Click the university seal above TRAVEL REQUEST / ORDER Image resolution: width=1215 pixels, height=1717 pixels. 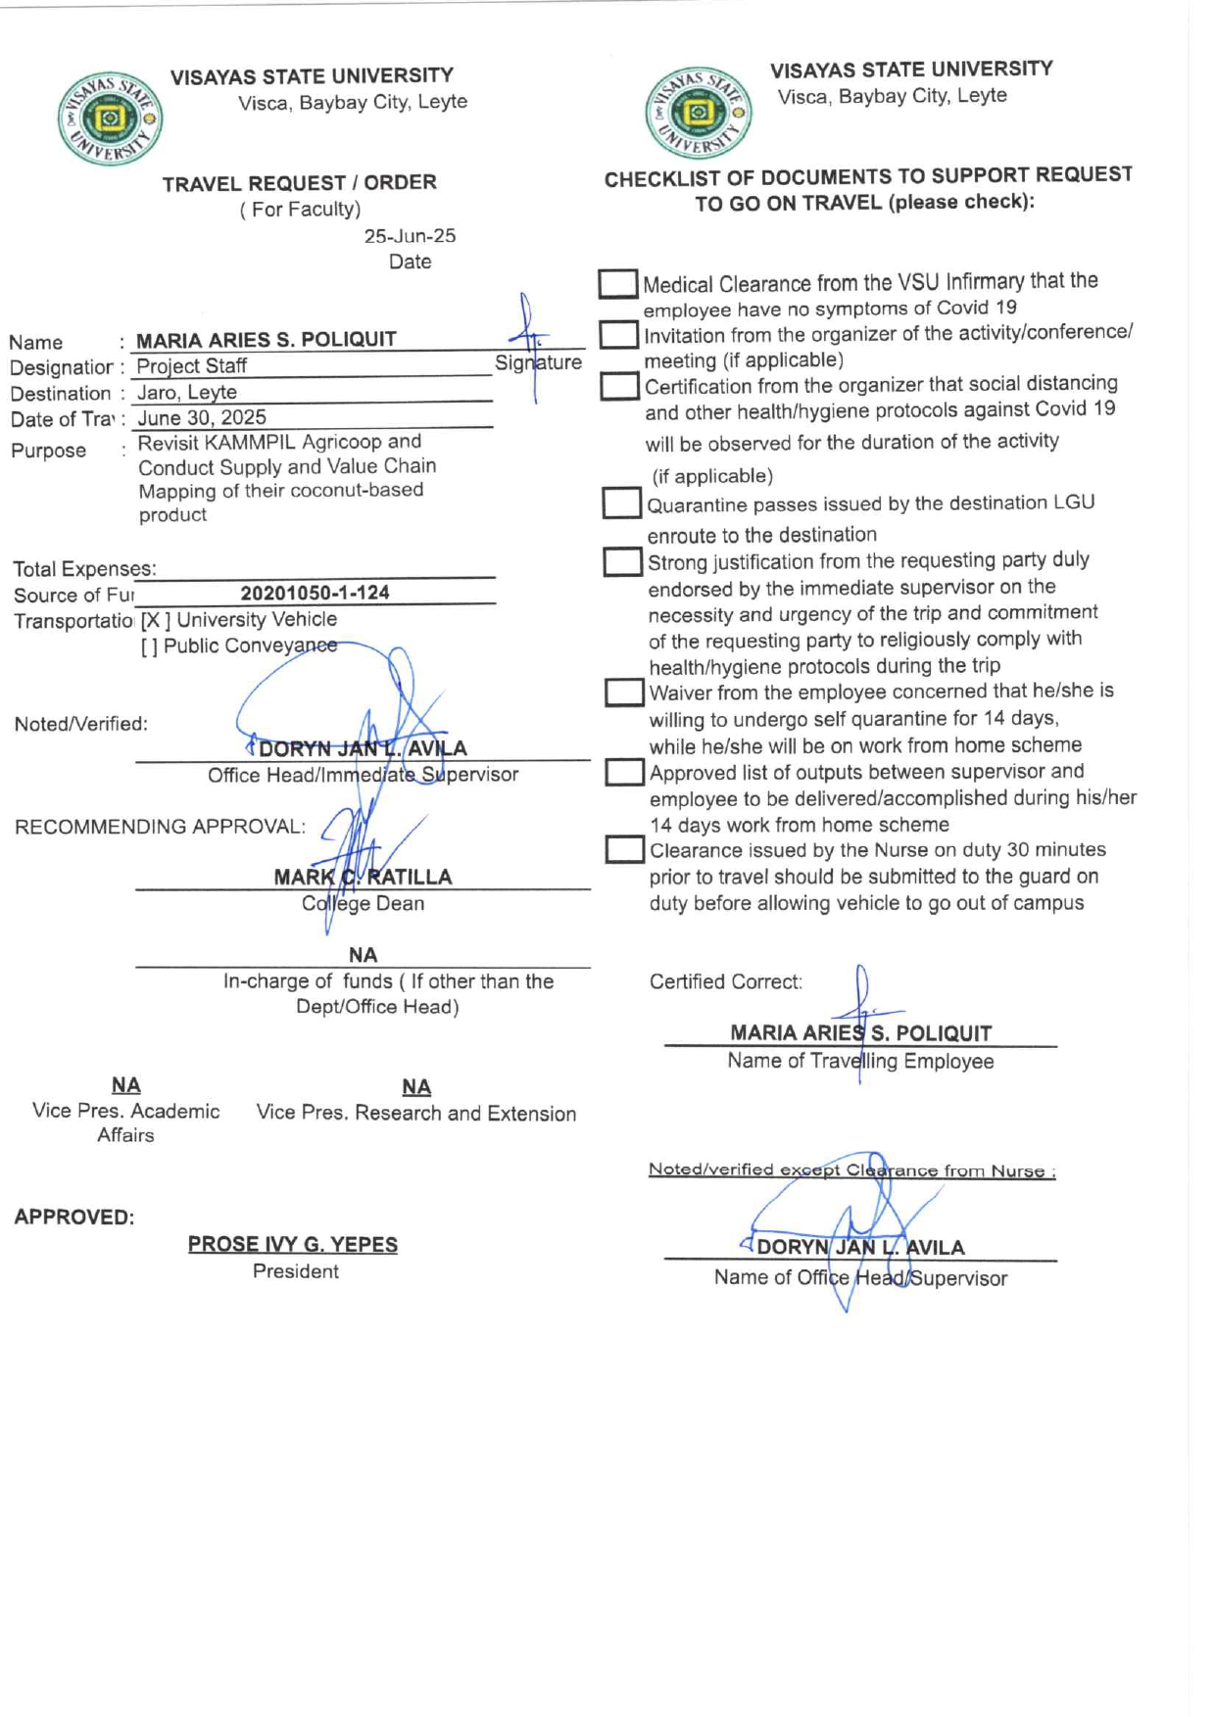click(x=109, y=119)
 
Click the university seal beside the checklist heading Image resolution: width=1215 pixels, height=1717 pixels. click(x=698, y=112)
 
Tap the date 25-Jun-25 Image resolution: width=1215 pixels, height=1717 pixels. click(x=410, y=236)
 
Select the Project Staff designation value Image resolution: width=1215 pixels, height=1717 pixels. click(x=191, y=366)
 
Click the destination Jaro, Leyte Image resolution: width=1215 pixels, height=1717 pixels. click(x=186, y=393)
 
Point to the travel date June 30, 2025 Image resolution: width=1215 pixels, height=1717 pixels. click(x=201, y=418)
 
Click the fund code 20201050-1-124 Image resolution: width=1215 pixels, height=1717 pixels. click(x=315, y=593)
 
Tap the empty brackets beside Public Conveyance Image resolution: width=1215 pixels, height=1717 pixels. click(x=149, y=646)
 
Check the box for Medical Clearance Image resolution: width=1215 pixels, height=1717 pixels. click(x=617, y=284)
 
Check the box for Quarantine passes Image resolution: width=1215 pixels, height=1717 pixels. click(x=621, y=503)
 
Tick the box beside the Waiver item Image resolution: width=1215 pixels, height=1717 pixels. click(x=623, y=692)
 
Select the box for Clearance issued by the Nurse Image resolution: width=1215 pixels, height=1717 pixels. click(x=624, y=849)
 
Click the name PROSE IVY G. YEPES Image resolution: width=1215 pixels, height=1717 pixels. click(x=292, y=1244)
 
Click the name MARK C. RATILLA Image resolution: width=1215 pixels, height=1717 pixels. click(x=363, y=877)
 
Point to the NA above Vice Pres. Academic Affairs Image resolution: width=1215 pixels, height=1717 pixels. click(x=125, y=1084)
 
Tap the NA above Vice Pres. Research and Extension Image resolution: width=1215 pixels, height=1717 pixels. click(x=416, y=1086)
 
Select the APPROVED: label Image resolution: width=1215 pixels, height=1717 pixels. click(x=74, y=1216)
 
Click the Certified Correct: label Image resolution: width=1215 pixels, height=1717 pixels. click(x=725, y=981)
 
